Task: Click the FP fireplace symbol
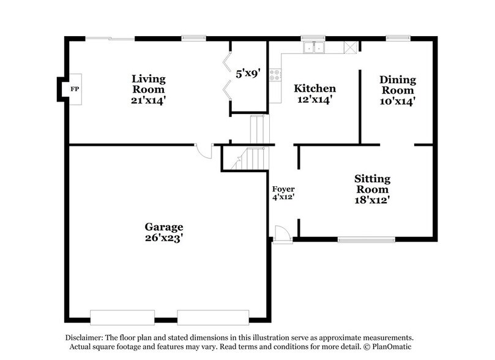74,89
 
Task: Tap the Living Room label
149,84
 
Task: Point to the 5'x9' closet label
248,74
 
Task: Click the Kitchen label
314,88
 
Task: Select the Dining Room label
397,84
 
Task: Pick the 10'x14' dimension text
397,101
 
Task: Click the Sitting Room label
372,184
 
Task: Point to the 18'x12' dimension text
372,200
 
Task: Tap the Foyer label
283,189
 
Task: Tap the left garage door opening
122,317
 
